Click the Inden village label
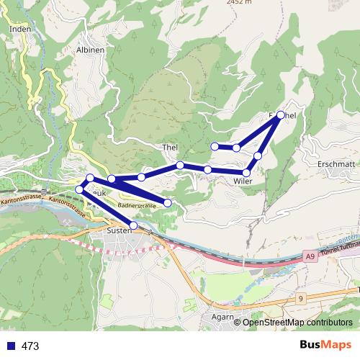pyautogui.click(x=20, y=29)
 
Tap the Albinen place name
pyautogui.click(x=90, y=50)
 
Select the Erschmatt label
pyautogui.click(x=336, y=163)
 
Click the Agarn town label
pyautogui.click(x=225, y=316)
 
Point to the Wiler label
pyautogui.click(x=243, y=181)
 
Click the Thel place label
pyautogui.click(x=170, y=147)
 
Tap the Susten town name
pyautogui.click(x=119, y=230)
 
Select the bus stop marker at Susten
pyautogui.click(x=133, y=225)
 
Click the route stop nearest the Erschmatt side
pyautogui.click(x=280, y=114)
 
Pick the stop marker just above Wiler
pyautogui.click(x=247, y=172)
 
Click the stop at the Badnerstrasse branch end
pyautogui.click(x=168, y=203)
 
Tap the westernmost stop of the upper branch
pyautogui.click(x=215, y=146)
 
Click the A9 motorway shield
pyautogui.click(x=310, y=256)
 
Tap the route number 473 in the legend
pyautogui.click(x=30, y=346)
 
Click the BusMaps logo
pyautogui.click(x=325, y=345)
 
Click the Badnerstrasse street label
pyautogui.click(x=136, y=206)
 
